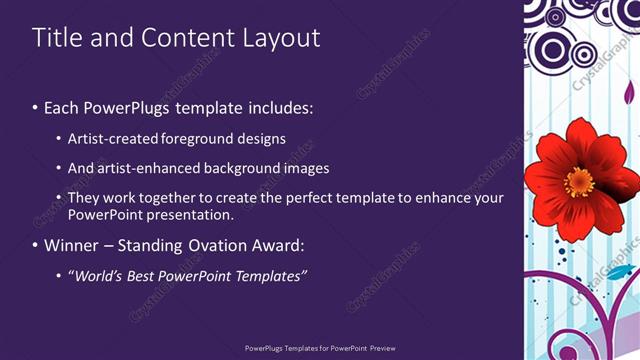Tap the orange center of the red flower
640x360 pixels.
point(579,181)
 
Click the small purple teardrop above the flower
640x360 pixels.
point(629,93)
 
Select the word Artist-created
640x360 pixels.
point(111,139)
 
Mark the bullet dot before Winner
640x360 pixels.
point(36,245)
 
